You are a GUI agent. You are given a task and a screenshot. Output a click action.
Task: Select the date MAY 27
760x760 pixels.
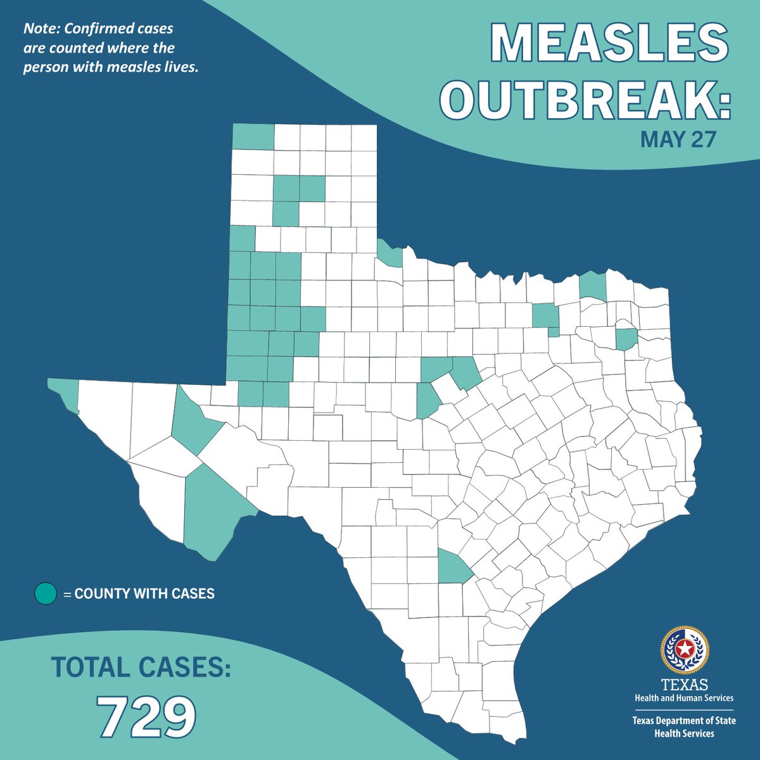678,139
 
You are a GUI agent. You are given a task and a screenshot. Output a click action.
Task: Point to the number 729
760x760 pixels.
146,716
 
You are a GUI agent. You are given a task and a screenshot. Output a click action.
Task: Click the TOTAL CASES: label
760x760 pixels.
141,667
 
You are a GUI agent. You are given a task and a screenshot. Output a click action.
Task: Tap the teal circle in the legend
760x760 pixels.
46,594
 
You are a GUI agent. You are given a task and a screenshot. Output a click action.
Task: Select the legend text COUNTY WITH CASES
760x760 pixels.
144,594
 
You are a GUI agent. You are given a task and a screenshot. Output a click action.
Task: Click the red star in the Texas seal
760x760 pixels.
685,649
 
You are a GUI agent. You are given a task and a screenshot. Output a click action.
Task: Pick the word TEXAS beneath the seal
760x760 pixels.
685,685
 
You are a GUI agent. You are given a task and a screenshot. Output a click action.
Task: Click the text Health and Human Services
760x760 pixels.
685,697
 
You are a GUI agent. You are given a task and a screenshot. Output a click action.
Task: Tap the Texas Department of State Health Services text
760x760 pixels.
685,726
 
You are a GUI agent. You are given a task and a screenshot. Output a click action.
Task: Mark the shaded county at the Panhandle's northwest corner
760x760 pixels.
253,136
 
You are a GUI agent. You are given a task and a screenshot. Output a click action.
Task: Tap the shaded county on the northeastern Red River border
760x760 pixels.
593,286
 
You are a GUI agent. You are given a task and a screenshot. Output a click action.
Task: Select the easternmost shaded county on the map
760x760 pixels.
626,339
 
